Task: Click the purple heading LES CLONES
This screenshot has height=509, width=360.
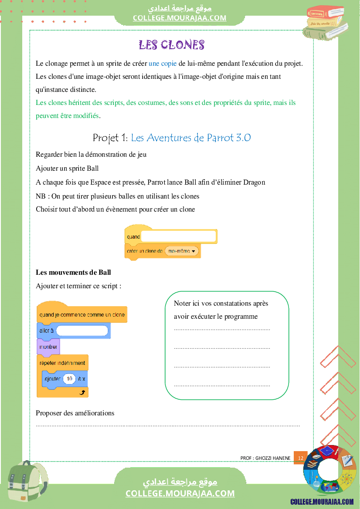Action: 171,45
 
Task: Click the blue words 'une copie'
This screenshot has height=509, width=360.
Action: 163,63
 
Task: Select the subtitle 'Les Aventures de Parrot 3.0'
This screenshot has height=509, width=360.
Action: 191,138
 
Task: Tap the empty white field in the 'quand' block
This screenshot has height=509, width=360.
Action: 179,236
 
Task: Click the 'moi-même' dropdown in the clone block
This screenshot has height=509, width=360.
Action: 181,251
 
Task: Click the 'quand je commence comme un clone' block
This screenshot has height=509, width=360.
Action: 82,314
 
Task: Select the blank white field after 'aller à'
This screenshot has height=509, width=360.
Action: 82,330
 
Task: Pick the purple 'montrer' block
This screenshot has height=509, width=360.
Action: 48,347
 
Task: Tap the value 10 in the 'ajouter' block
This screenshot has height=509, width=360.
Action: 69,379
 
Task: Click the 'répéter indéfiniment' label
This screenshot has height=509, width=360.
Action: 62,362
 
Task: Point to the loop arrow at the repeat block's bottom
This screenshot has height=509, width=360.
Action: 83,393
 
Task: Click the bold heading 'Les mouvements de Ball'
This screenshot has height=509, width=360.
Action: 73,273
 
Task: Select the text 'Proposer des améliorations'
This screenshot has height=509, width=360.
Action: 75,413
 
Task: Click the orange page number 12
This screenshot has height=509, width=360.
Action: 301,458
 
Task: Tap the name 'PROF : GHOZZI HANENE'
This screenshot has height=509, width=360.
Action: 265,458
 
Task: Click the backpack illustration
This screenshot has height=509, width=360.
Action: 26,483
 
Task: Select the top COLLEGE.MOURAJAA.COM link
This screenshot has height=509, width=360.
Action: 180,18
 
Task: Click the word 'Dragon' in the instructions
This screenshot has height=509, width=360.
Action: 254,182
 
